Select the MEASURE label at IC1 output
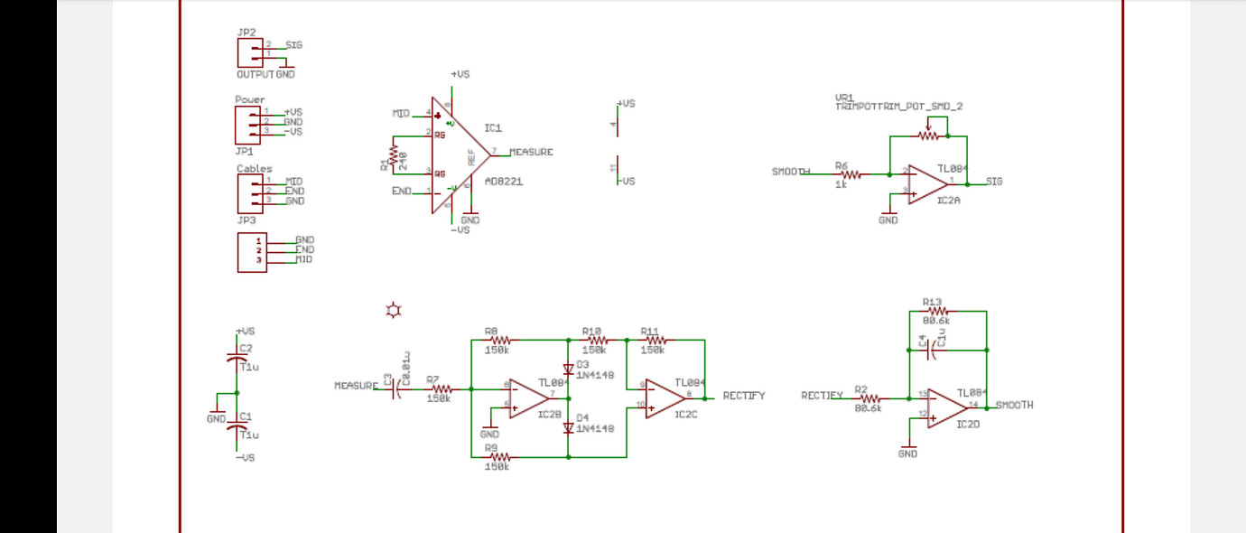(531, 152)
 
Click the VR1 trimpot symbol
(929, 136)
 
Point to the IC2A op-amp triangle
(925, 183)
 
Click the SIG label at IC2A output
(993, 181)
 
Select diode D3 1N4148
(568, 369)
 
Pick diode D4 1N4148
(568, 427)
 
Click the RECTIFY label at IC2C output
(744, 396)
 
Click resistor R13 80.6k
(935, 312)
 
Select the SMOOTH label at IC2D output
(1014, 405)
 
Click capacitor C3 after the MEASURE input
(395, 389)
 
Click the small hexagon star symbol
(393, 311)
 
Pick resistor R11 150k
(654, 341)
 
